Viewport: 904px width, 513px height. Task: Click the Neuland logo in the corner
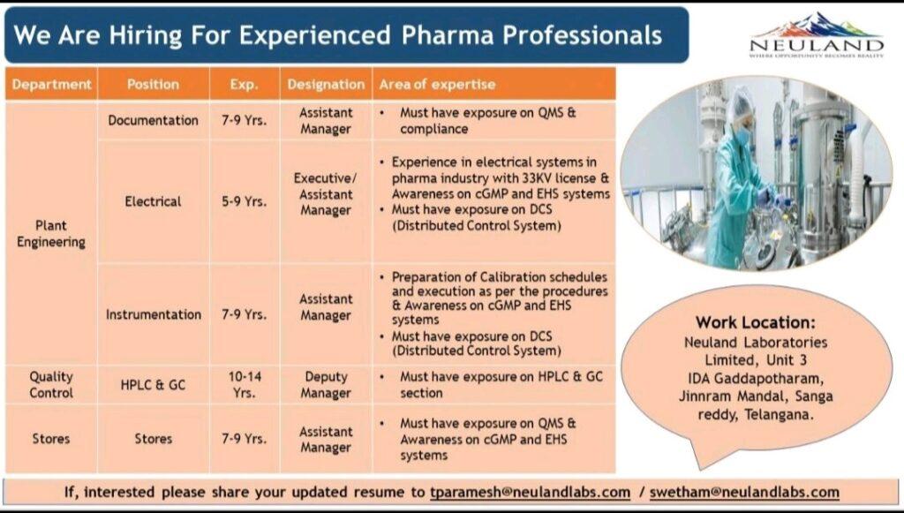coord(817,35)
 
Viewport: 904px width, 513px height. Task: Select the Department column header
coord(51,84)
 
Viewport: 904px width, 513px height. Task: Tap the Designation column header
coord(326,84)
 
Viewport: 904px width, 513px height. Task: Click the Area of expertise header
coord(437,84)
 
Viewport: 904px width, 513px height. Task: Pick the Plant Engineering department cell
coord(51,233)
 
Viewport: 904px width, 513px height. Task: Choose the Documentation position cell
coord(154,120)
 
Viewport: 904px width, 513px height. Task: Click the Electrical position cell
coord(154,201)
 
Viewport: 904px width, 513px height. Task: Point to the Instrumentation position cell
coord(154,314)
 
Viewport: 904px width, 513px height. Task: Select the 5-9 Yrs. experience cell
coord(245,201)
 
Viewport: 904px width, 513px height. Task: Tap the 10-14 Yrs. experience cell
coord(245,384)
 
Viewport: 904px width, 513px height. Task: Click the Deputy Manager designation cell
coord(326,384)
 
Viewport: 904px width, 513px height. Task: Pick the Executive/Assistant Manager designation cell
coord(326,194)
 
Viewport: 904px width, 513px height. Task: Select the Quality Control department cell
coord(51,384)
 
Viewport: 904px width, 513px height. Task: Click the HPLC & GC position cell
coord(154,384)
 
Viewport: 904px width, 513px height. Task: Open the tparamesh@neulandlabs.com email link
coord(530,493)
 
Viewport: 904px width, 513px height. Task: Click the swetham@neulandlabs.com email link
coord(744,493)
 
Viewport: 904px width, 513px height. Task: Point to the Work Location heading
coord(756,322)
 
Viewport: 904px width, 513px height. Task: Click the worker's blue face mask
coord(742,134)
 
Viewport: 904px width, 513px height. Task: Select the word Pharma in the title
coord(448,35)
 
